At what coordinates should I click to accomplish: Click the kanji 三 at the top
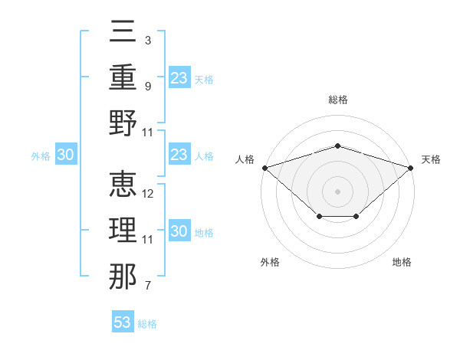click(123, 31)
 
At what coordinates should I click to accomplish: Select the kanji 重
click(123, 77)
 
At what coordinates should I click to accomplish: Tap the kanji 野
click(123, 123)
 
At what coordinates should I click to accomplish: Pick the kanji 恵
click(123, 184)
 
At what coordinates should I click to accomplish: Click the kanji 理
click(123, 230)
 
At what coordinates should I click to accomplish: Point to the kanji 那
click(123, 277)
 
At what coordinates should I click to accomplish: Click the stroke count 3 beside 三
click(148, 41)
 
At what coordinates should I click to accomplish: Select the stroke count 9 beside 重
click(148, 87)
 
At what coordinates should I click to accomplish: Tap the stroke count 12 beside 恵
click(147, 194)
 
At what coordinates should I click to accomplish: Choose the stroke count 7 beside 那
click(148, 285)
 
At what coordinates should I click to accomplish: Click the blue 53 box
click(123, 321)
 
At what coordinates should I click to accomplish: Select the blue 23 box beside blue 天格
click(179, 77)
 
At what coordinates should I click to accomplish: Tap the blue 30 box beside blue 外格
click(66, 154)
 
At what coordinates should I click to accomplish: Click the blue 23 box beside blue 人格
click(179, 154)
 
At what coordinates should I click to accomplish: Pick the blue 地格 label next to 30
click(204, 233)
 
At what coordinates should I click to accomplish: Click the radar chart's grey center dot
click(337, 191)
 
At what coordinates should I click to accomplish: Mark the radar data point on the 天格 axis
click(411, 168)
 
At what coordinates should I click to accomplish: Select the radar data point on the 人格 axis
click(265, 168)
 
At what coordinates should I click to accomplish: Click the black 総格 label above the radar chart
click(338, 100)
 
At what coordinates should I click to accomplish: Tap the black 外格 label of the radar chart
click(270, 262)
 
